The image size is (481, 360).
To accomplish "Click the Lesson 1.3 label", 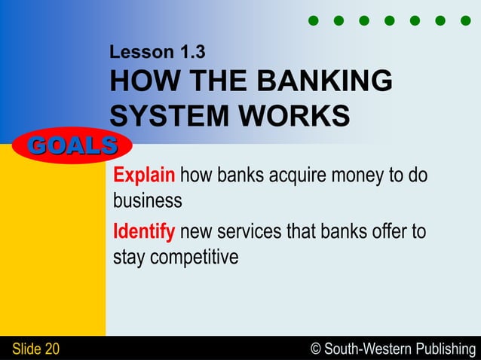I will tap(157, 53).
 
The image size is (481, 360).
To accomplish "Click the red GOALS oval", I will tap(72, 145).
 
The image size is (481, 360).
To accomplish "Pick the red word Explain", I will tap(144, 176).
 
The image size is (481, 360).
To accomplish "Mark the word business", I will tap(147, 201).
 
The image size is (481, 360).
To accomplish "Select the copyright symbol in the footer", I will tap(315, 349).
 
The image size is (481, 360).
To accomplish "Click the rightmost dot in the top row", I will tap(465, 20).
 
